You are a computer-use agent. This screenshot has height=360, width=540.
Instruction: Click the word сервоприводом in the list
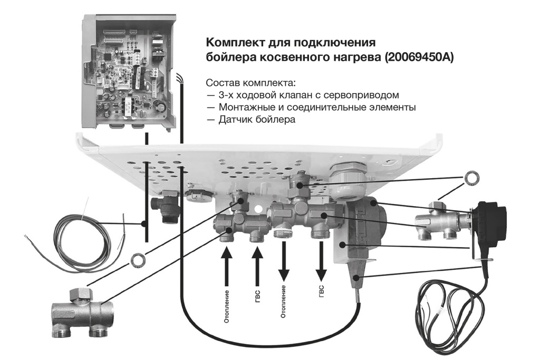pyautogui.click(x=363, y=95)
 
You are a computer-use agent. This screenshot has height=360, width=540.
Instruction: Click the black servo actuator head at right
pyautogui.click(x=491, y=216)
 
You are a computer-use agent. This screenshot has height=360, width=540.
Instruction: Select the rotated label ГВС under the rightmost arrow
pyautogui.click(x=321, y=293)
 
